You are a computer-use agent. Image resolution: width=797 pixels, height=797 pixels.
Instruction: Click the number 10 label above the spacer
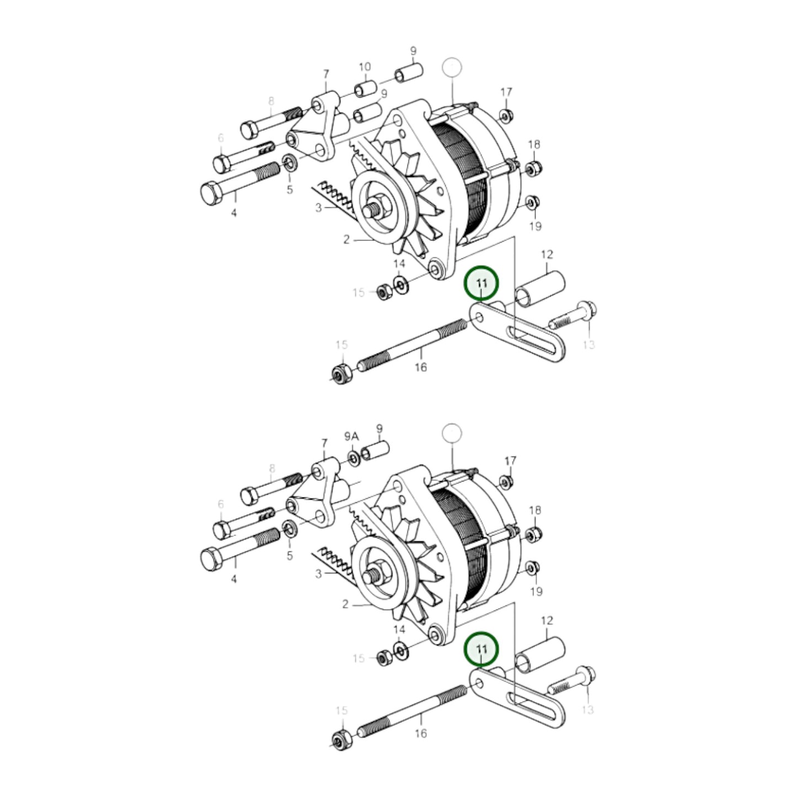click(x=365, y=67)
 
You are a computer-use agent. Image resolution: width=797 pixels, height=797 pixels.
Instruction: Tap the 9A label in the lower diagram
click(x=351, y=437)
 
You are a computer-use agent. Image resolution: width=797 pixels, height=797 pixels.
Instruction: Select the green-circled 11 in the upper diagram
click(x=482, y=284)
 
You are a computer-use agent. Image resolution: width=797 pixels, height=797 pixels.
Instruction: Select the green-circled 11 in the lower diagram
click(x=482, y=649)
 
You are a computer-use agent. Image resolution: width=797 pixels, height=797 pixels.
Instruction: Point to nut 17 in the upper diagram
click(x=504, y=116)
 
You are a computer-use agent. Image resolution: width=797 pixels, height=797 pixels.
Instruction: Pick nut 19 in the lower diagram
click(x=532, y=568)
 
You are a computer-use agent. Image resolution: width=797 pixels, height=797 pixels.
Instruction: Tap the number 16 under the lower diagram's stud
click(x=420, y=733)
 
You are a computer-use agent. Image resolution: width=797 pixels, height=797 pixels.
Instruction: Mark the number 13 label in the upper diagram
click(x=589, y=345)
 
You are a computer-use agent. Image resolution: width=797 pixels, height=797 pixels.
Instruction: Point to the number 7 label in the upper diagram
click(x=325, y=74)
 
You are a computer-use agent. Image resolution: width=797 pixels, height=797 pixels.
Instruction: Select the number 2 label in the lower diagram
click(x=345, y=605)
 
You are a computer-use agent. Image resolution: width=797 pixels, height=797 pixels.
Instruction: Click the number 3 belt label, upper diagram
click(x=318, y=208)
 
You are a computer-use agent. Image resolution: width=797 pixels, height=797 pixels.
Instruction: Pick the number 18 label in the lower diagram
click(x=534, y=511)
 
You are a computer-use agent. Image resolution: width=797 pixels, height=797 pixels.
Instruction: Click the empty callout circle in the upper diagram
click(x=451, y=67)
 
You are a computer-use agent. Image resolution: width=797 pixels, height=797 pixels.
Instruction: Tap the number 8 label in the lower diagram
click(x=271, y=468)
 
